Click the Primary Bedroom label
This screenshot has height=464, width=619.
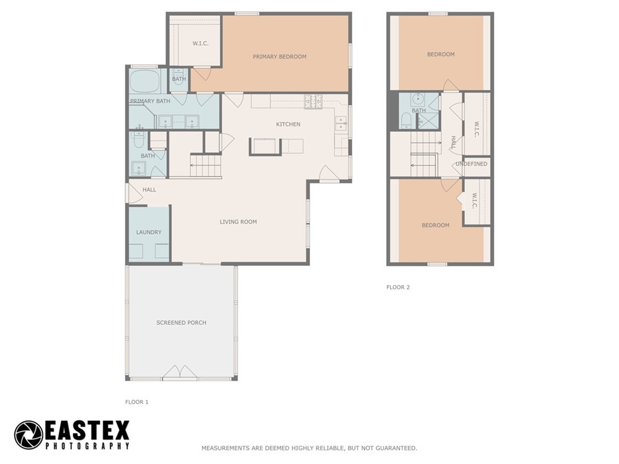pyautogui.click(x=279, y=56)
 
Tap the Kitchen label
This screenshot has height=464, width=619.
pyautogui.click(x=288, y=124)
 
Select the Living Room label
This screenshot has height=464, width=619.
pyautogui.click(x=238, y=222)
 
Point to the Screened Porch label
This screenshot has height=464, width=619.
pyautogui.click(x=181, y=323)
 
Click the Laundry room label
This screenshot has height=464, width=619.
pyautogui.click(x=149, y=232)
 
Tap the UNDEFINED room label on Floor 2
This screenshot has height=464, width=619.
pyautogui.click(x=472, y=164)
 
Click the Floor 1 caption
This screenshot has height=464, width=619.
pyautogui.click(x=137, y=402)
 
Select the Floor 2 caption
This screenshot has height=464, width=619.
pyautogui.click(x=398, y=287)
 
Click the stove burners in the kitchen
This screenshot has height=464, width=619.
pyautogui.click(x=314, y=101)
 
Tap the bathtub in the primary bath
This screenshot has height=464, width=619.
pyautogui.click(x=144, y=82)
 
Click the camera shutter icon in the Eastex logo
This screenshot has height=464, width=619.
pyautogui.click(x=28, y=435)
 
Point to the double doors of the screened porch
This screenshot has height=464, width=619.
pyautogui.click(x=180, y=372)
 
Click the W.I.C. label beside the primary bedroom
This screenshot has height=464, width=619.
pyautogui.click(x=201, y=43)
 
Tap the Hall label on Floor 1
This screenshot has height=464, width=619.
pyautogui.click(x=149, y=190)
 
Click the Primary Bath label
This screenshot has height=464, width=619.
pyautogui.click(x=150, y=101)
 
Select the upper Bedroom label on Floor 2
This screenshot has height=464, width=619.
pyautogui.click(x=441, y=54)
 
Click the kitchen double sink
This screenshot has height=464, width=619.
pyautogui.click(x=342, y=123)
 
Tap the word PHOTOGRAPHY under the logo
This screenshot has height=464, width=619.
pyautogui.click(x=88, y=446)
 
